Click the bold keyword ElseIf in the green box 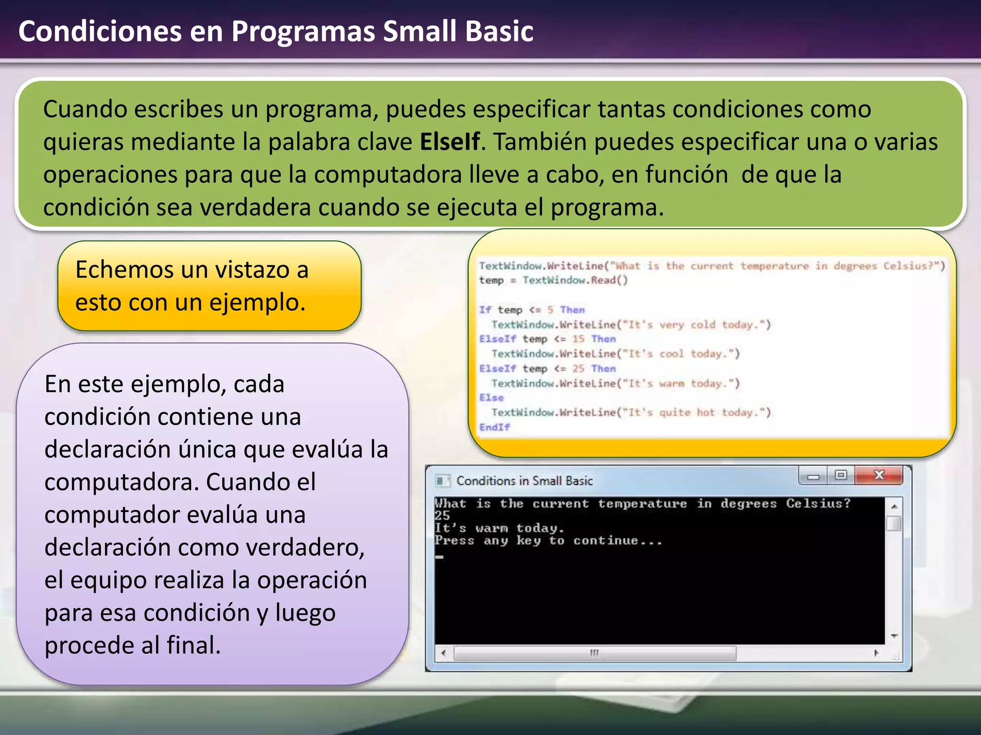(449, 142)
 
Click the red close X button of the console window (879, 475)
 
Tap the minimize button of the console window (813, 476)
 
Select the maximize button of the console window (841, 475)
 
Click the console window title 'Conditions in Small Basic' (525, 481)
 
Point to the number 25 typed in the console (442, 516)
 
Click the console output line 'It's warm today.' (500, 528)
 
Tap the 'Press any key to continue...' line (548, 541)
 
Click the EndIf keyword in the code (494, 427)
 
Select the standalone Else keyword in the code (491, 398)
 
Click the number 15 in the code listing (578, 339)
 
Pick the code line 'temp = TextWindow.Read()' (553, 280)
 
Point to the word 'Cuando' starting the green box (85, 110)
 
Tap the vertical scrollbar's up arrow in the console (894, 506)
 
